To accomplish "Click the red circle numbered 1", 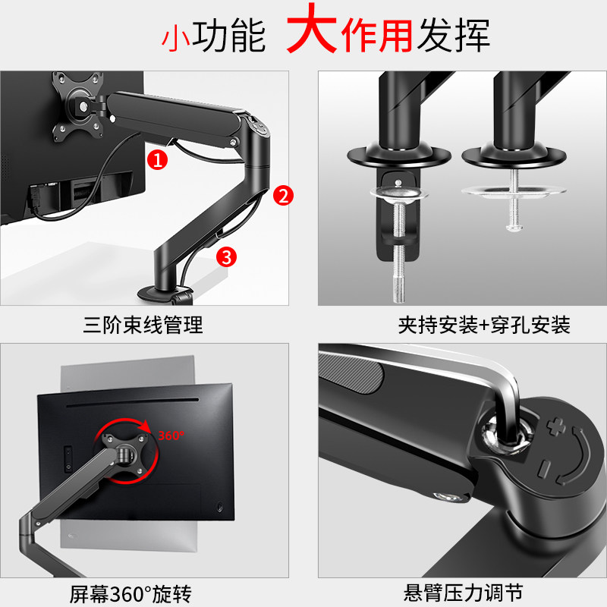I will tap(157, 159).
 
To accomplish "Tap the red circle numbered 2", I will tap(282, 196).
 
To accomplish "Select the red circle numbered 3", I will tap(225, 256).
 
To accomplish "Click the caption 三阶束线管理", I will tap(143, 326).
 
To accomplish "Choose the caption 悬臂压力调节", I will tap(463, 592).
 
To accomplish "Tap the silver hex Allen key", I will tap(501, 395).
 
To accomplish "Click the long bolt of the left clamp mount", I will tap(398, 258).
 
